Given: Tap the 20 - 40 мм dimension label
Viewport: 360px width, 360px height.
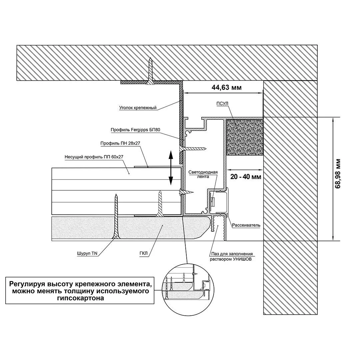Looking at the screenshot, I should [x=245, y=177].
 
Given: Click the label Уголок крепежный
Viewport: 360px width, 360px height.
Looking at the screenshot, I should [x=138, y=108].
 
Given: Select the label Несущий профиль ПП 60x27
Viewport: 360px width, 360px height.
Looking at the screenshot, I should [x=92, y=156].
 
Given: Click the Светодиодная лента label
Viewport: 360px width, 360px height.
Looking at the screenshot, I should [x=203, y=174].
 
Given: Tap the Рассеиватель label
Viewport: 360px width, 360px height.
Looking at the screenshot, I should [x=247, y=225].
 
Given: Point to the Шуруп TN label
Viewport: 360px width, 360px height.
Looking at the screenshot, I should [x=90, y=253].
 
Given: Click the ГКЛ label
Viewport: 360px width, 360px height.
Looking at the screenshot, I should [x=143, y=253].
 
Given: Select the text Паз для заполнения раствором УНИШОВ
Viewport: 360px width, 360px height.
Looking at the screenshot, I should [x=232, y=256].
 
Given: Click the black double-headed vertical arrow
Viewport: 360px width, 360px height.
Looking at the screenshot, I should [x=171, y=168].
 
